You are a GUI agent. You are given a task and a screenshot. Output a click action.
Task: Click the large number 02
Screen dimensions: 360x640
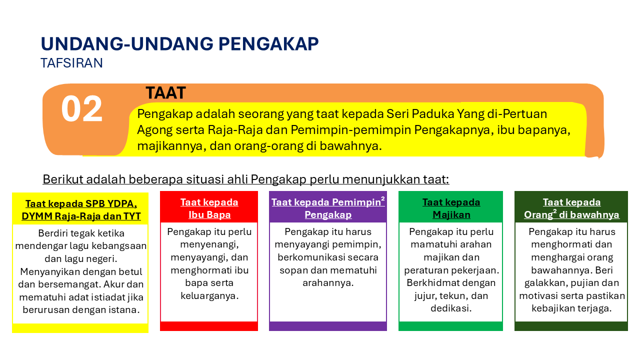click(82, 109)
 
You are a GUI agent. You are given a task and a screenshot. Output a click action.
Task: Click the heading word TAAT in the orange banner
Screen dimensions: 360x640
click(165, 93)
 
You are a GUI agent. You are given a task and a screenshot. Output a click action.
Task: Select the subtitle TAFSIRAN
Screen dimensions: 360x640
click(71, 63)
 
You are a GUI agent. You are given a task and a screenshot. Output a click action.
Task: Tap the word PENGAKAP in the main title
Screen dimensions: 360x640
click(268, 44)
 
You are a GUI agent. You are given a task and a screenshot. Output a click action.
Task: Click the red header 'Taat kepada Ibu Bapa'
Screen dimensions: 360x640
click(209, 208)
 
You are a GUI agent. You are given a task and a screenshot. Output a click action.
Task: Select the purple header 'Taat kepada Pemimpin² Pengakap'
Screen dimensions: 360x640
click(328, 208)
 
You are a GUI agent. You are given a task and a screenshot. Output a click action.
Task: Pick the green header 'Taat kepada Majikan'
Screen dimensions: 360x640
click(451, 208)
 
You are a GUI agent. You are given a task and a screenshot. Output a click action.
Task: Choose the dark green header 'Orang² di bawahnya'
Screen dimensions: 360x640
click(571, 214)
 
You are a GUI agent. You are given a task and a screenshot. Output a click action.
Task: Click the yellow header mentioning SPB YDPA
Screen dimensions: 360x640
click(81, 210)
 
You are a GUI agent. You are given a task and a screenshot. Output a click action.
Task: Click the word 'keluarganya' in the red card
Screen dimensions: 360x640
click(209, 295)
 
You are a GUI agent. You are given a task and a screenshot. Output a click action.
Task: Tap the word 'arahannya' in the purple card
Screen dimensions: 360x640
click(328, 283)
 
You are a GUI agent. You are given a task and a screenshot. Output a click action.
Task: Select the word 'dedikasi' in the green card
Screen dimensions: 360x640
click(450, 308)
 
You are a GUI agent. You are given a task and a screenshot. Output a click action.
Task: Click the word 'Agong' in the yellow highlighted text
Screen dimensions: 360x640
click(152, 130)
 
